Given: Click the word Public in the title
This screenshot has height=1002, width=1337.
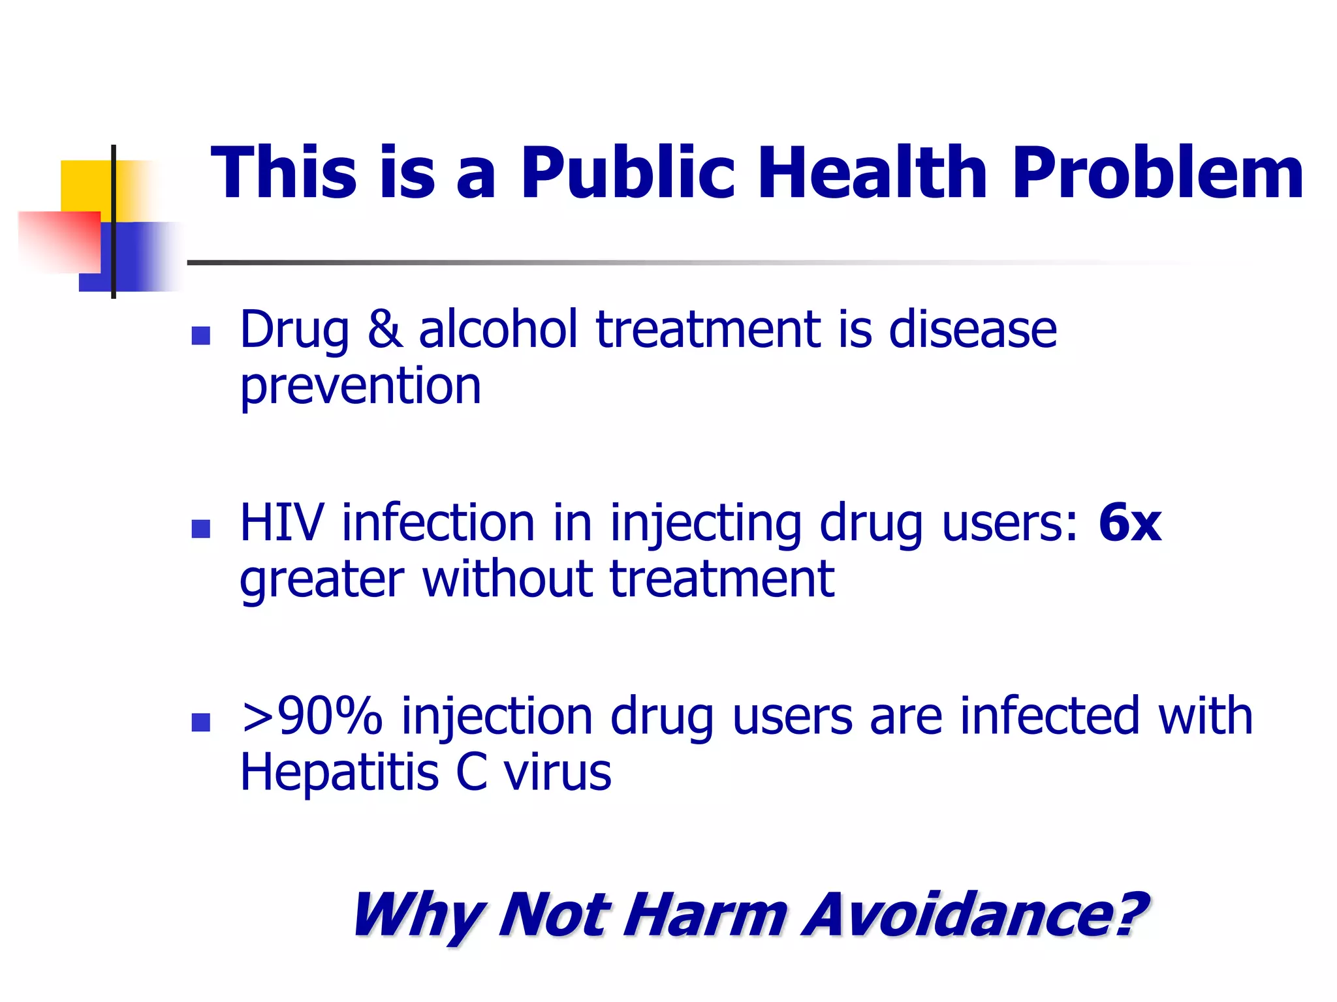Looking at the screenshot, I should pos(627,174).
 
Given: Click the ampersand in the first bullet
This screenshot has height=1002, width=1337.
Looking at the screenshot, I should pos(385,329).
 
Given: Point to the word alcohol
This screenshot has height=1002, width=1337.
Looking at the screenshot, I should pos(498,329).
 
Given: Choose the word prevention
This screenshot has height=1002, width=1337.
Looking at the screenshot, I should pos(360,386).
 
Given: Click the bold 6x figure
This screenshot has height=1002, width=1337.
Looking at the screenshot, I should pos(1130,523).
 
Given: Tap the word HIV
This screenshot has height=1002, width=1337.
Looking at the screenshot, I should pos(282,523).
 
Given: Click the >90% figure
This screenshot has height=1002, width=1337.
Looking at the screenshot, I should pos(311,716).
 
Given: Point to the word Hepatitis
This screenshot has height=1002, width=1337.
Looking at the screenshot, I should pos(339,772).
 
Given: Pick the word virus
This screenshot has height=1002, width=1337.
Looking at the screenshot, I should pos(557,772).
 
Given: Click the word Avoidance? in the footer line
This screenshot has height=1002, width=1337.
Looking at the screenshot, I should pos(975,915).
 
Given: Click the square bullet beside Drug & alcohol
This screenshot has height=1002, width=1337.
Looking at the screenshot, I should pos(200,335).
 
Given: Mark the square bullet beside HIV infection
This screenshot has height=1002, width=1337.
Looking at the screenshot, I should pos(200,528).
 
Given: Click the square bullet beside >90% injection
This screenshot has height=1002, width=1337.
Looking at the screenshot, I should pos(200,722).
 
